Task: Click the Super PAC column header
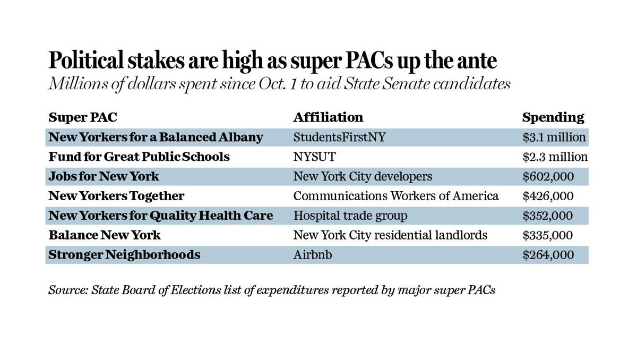pos(83,117)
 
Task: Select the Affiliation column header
pos(328,117)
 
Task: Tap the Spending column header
pos(553,117)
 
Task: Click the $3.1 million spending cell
pos(554,137)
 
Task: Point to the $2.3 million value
pos(555,157)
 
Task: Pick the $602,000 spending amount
pos(548,176)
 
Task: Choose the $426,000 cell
pos(548,196)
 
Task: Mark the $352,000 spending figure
pos(548,216)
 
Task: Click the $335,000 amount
pos(548,235)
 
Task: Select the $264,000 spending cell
pos(548,255)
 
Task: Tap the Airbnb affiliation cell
pos(313,255)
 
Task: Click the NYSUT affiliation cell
pos(314,157)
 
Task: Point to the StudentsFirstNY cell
pos(339,137)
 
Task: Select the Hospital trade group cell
pos(350,216)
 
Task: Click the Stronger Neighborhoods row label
pos(124,255)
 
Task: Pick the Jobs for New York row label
pos(104,176)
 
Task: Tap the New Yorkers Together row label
pos(116,196)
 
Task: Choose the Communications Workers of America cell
pos(395,196)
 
